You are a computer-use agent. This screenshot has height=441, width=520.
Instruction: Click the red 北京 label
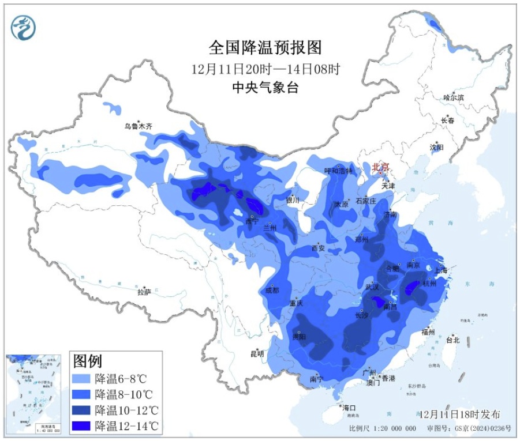(381, 167)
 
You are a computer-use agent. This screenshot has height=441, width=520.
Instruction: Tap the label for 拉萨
(144, 292)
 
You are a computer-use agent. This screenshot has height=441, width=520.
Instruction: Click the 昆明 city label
(257, 353)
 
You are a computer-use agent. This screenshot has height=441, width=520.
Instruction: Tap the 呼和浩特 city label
(338, 171)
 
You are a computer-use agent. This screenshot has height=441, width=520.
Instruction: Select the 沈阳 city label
(437, 148)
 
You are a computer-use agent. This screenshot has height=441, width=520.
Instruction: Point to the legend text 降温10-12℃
(125, 410)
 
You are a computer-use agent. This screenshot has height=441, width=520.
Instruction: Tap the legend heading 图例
(88, 361)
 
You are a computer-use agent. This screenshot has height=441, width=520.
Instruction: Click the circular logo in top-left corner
(24, 27)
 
